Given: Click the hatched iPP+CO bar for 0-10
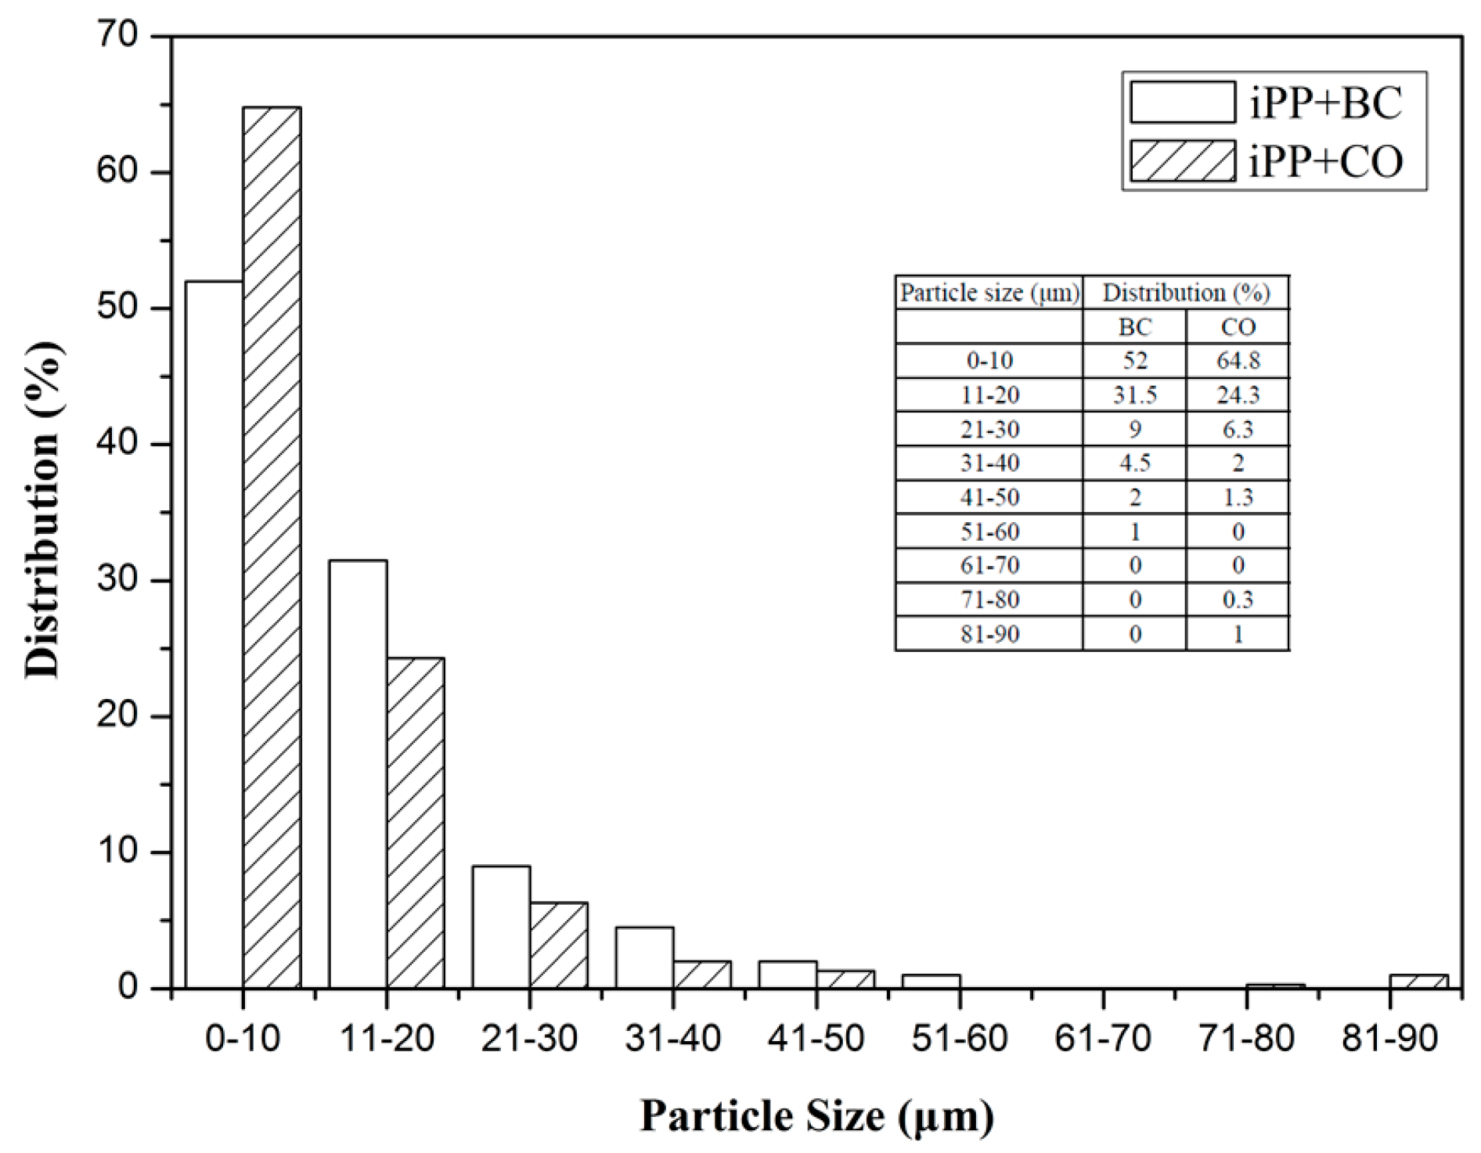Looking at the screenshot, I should tap(272, 548).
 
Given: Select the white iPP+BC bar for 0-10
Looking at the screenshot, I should tap(214, 634).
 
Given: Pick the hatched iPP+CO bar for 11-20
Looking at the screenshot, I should tap(416, 822).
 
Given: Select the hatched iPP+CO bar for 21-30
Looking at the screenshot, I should tap(559, 945).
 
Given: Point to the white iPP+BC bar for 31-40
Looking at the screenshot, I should tap(644, 957).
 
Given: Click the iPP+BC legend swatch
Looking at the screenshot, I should tap(1182, 103).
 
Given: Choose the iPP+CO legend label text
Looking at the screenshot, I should tap(1325, 162).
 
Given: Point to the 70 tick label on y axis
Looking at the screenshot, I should tap(117, 36).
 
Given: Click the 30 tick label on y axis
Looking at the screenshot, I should tap(117, 580).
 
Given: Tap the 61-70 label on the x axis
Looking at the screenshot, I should tap(1103, 1039).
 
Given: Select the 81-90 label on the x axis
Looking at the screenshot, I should tap(1389, 1039).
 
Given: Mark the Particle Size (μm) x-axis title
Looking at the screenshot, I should tap(816, 1115).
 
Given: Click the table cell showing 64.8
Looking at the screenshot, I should tap(1238, 361).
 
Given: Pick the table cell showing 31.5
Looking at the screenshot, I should tap(1134, 395).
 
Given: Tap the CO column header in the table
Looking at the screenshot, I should tap(1238, 327).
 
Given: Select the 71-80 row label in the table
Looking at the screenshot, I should tap(989, 600).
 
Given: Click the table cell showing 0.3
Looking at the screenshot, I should tap(1238, 600).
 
